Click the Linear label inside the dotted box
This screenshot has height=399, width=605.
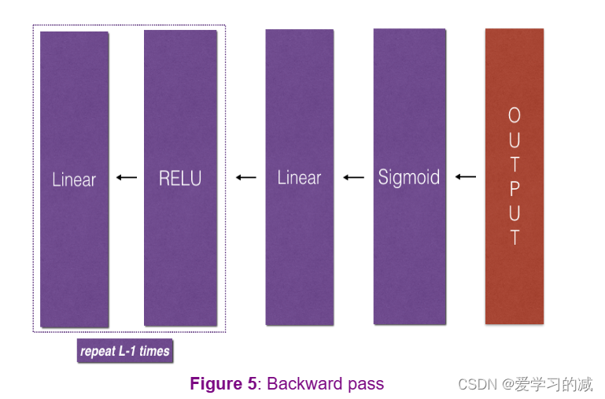[x=74, y=179]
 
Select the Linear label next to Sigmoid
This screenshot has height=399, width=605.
[x=299, y=178]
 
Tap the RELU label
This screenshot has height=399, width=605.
[x=180, y=179]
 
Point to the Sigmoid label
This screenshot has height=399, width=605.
[x=408, y=177]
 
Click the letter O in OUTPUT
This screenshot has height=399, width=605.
[x=514, y=116]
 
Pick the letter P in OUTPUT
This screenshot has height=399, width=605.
[x=514, y=187]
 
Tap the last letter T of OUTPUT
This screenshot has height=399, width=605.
[x=514, y=236]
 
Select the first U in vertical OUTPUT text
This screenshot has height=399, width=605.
[x=514, y=140]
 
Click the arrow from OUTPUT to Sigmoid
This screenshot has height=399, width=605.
[x=466, y=177]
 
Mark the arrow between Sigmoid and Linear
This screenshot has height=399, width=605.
[x=353, y=178]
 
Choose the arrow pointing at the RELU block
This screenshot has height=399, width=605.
[x=246, y=178]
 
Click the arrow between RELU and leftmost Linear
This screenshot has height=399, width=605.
[x=126, y=178]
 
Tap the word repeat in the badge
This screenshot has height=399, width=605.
[x=98, y=351]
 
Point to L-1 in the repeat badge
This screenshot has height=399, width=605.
[x=127, y=351]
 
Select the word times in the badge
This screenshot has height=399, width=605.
[x=155, y=351]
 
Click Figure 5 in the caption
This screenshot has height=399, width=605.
[x=223, y=384]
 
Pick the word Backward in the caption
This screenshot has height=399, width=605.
[x=304, y=384]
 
